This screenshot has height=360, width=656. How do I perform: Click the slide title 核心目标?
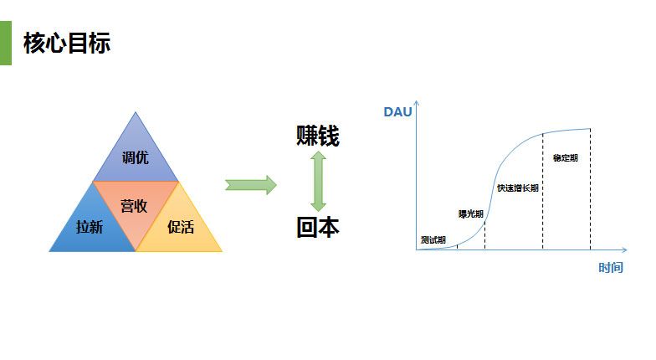coord(67,43)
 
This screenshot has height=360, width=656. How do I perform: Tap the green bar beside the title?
coord(6,44)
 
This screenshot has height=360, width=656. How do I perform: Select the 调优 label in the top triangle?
coord(136,157)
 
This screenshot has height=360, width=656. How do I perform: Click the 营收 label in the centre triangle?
coord(134,206)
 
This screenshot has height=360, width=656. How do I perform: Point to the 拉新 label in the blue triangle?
coord(90,227)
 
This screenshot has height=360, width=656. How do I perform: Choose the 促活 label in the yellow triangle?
coord(181,227)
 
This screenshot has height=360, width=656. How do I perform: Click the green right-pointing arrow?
coord(251,185)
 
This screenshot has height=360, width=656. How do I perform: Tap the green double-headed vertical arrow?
coord(318,181)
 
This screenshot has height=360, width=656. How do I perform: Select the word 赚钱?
coord(318,136)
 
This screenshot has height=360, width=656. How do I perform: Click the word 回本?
coord(318,228)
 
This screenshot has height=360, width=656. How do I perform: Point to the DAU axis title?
coord(398,112)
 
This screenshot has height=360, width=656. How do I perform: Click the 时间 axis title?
coord(611,268)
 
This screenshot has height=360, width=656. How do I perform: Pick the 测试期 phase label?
coord(433,239)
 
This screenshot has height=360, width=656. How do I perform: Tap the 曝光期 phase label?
coord(470,214)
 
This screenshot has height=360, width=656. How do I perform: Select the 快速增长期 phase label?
coord(517,188)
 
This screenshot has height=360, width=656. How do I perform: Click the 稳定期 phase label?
coord(566,157)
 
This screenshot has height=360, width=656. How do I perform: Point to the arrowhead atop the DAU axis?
coord(417,102)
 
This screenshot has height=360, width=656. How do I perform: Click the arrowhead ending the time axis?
coord(625,249)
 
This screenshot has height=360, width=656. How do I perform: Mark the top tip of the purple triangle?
coord(136,112)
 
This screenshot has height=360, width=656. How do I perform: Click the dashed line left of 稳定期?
coord(543,191)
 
